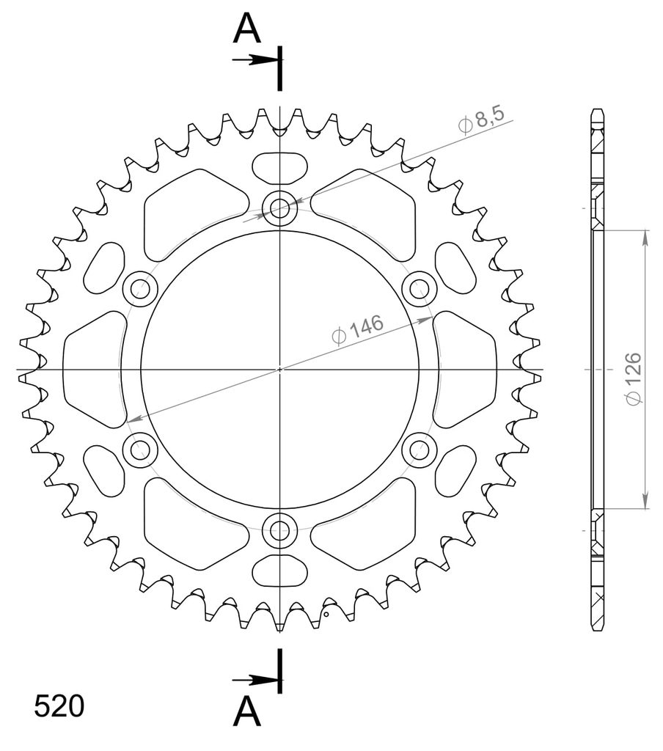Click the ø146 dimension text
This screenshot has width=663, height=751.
pos(357,329)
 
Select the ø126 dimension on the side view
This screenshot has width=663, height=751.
pos(633,379)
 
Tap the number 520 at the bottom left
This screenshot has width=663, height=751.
pos(59,706)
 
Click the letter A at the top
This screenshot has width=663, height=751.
pos(246,28)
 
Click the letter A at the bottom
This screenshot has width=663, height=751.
pos(246,711)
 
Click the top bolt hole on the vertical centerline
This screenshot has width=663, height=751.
pos(279,208)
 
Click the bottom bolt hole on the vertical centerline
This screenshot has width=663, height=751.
pos(279,530)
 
